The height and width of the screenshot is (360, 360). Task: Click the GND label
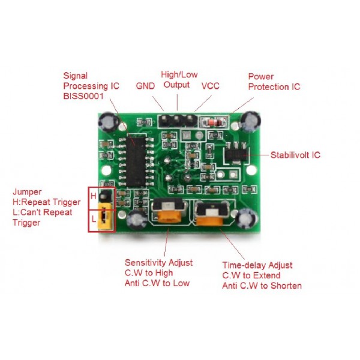coord(145,86)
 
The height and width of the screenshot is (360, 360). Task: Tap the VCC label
coord(210,86)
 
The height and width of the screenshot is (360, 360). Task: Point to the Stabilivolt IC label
coord(295,155)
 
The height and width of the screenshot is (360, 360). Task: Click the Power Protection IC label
coord(274,82)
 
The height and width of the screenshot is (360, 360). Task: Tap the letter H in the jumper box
coord(93,196)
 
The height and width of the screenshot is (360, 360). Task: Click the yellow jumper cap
coord(105,219)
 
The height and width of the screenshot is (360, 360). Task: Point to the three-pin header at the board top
coord(177,118)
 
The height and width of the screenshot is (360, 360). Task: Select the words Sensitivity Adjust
coord(159,263)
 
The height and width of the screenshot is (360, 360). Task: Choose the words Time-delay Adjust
coord(257,265)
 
